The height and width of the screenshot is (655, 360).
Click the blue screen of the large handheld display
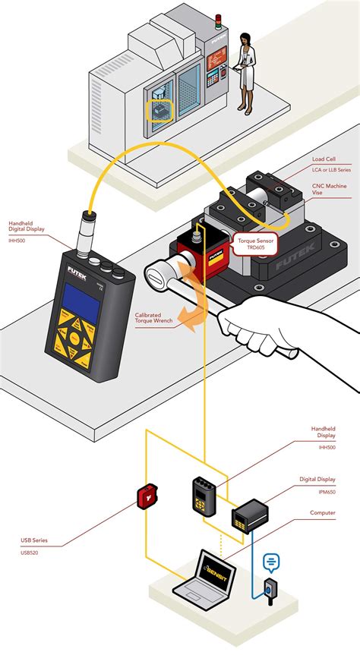pyautogui.click(x=81, y=304)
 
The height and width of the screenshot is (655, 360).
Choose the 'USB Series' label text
pyautogui.click(x=34, y=540)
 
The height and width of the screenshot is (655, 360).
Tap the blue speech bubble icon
pyautogui.click(x=271, y=562)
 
